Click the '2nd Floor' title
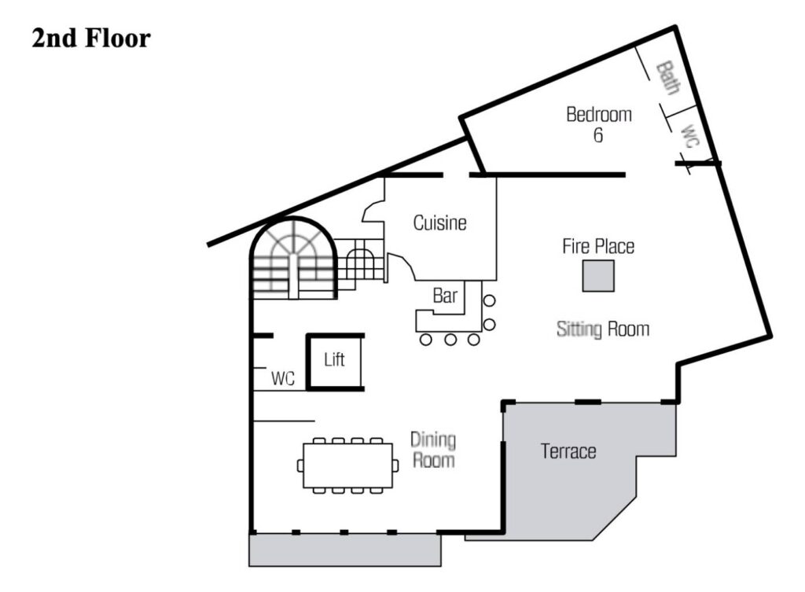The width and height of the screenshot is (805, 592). [91, 39]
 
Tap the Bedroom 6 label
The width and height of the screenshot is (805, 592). [598, 124]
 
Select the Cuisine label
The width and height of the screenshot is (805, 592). [440, 222]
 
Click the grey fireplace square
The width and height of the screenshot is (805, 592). [598, 276]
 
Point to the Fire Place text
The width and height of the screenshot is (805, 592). [598, 246]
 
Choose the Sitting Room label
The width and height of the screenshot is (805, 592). [603, 329]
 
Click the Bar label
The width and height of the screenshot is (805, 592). [445, 296]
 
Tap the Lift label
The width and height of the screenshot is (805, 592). [334, 359]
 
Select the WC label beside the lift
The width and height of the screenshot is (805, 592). [283, 378]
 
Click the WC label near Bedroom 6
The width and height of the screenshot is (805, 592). [689, 137]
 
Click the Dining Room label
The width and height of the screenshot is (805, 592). [433, 450]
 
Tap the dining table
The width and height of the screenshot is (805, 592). [348, 465]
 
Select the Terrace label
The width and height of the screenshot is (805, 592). [568, 451]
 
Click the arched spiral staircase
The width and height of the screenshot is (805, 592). [293, 258]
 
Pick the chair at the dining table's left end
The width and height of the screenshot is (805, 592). [300, 465]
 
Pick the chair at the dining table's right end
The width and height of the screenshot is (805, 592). [395, 465]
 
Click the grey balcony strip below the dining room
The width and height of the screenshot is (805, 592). [345, 550]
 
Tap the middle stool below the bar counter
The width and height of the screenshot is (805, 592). [450, 340]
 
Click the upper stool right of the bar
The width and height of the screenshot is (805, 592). [489, 301]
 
